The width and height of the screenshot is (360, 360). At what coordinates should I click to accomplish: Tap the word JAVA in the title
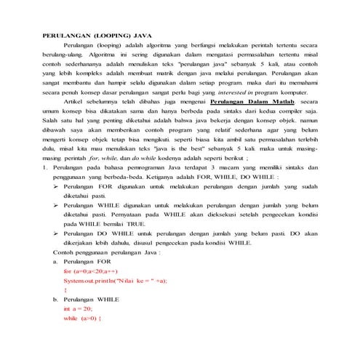[x=153, y=35]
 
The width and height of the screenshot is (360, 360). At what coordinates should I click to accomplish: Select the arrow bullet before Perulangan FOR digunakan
[x=58, y=186]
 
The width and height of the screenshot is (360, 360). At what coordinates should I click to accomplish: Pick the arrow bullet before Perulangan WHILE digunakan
[x=58, y=206]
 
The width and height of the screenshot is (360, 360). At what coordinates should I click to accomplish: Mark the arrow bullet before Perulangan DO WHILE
[x=58, y=233]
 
